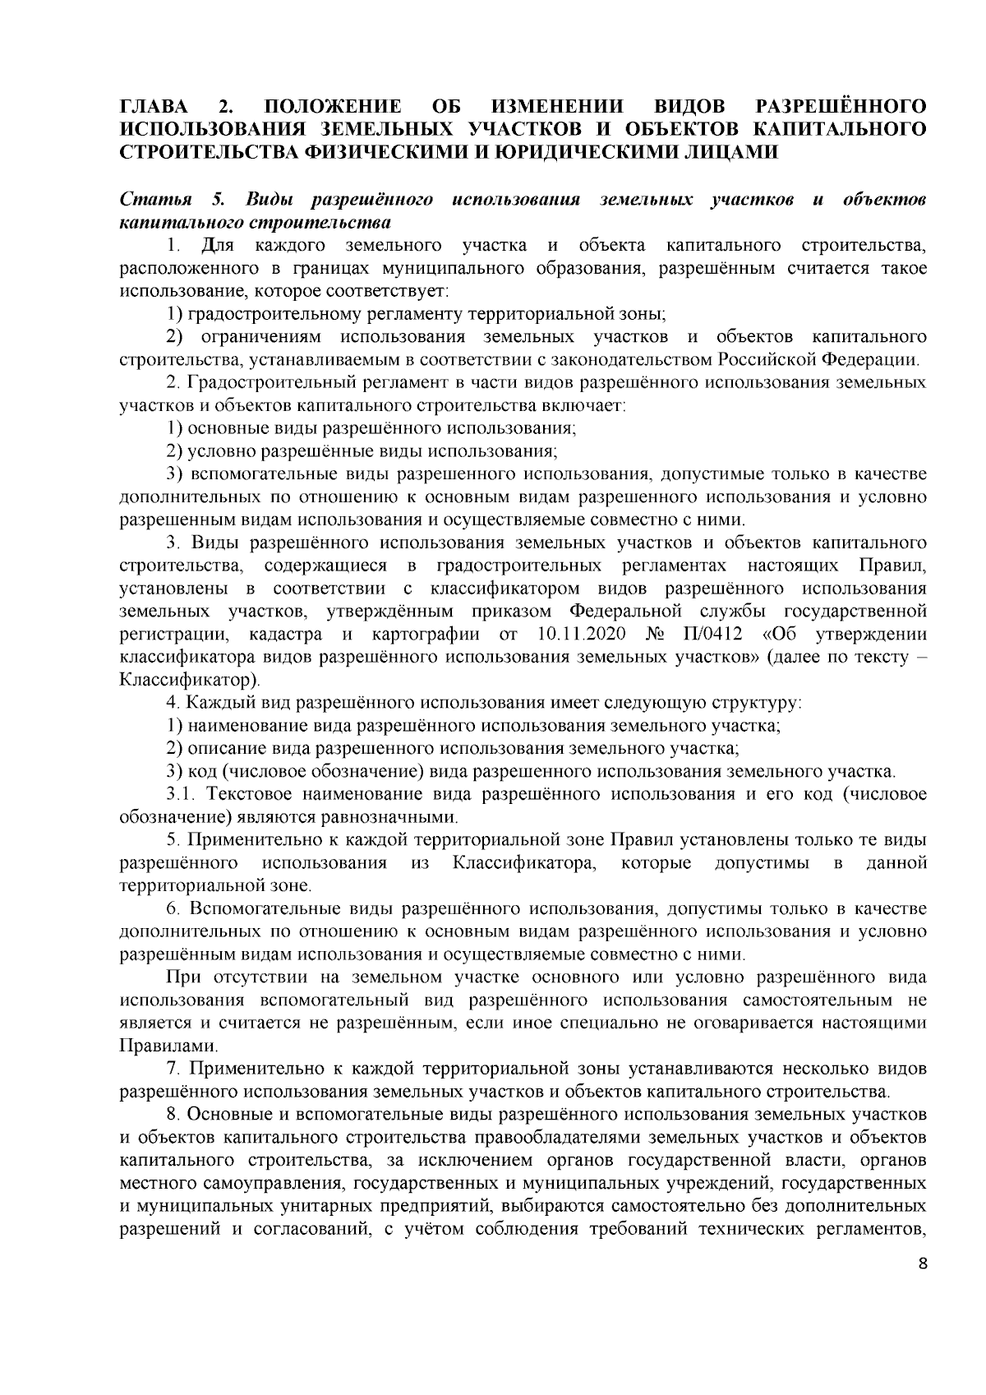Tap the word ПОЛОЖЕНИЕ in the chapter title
coord(334,108)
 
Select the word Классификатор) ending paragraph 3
coord(190,681)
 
